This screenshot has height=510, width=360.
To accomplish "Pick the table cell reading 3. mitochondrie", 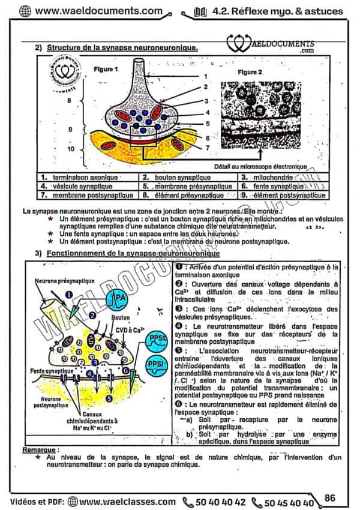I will pyautogui.click(x=267, y=178).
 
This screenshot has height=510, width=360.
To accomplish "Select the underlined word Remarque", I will pyautogui.click(x=40, y=449).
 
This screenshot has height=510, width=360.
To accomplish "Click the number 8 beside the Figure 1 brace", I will pyautogui.click(x=69, y=100).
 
